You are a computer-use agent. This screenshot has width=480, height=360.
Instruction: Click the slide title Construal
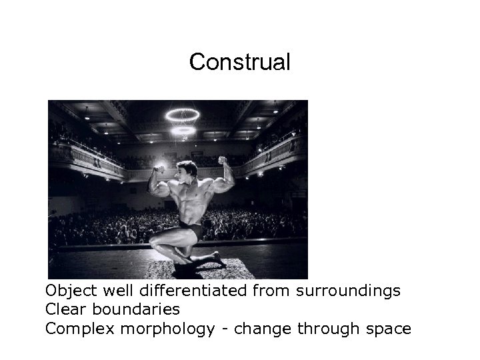click(x=239, y=62)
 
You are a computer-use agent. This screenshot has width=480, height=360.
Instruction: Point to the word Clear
click(x=65, y=309)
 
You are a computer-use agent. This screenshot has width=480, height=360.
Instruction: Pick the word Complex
click(x=74, y=329)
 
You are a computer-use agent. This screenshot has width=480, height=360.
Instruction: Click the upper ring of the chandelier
click(x=183, y=115)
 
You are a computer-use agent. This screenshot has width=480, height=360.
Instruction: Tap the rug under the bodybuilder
click(x=200, y=268)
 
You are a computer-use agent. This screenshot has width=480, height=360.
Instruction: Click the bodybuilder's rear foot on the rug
click(x=217, y=261)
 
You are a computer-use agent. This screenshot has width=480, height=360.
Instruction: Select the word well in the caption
click(x=115, y=291)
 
